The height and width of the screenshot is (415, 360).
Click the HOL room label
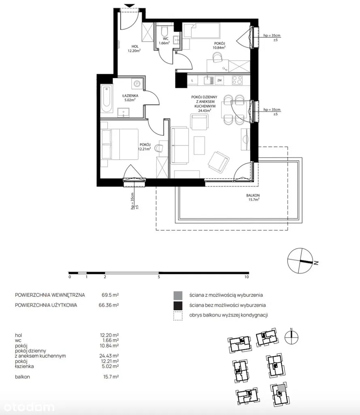(x=134, y=47)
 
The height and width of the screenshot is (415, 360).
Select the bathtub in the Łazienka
(x=107, y=99)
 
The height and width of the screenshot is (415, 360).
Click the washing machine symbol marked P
(x=137, y=83)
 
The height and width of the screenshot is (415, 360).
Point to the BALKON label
(x=253, y=195)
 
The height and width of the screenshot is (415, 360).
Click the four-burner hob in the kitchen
(x=237, y=80)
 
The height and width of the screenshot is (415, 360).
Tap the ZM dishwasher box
(x=219, y=80)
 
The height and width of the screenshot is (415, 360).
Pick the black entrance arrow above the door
(x=129, y=6)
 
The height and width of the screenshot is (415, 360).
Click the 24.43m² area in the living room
(x=204, y=111)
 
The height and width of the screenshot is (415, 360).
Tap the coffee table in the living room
(x=200, y=145)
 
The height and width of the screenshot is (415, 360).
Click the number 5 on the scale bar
(x=159, y=277)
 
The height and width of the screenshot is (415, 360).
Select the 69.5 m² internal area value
(x=110, y=295)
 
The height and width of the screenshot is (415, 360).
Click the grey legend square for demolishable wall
(x=178, y=295)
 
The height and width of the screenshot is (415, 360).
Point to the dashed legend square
(x=178, y=316)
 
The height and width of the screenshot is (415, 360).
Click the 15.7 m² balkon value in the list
(x=111, y=376)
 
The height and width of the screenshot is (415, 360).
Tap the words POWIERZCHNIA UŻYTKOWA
(x=46, y=305)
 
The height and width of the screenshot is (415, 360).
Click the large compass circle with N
(x=300, y=261)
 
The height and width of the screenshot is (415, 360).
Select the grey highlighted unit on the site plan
(x=281, y=387)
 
